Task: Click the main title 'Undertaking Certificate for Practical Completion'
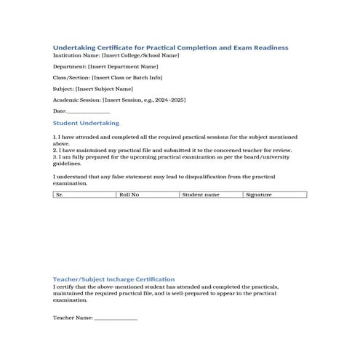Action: [x=171, y=47]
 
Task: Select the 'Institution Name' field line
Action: [x=116, y=55]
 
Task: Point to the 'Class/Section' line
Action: [x=108, y=77]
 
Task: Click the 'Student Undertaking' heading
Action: [x=86, y=124]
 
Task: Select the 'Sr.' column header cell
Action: [x=84, y=195]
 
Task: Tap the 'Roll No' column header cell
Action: [x=148, y=195]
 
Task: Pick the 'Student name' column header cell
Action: [x=211, y=195]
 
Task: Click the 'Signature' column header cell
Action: [x=274, y=195]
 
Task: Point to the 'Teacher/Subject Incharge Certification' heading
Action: [x=113, y=279]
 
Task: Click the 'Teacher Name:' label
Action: [x=73, y=318]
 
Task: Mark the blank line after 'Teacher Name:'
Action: [x=116, y=319]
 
